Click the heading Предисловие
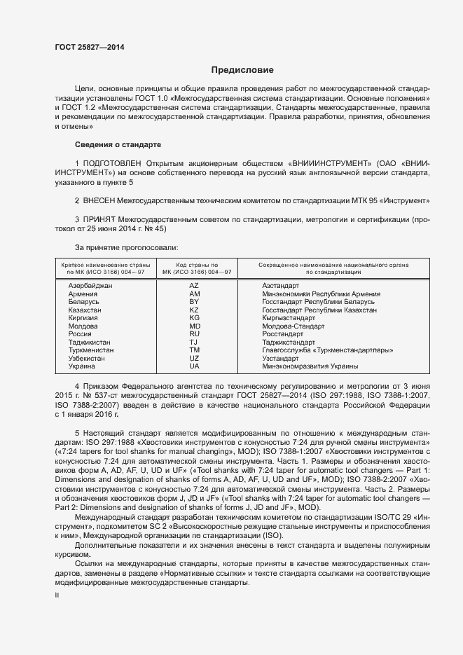coord(242,70)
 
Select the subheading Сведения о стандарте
coord(118,144)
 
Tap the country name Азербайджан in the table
coord(90,287)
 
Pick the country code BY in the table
coord(194,302)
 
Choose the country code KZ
coord(194,310)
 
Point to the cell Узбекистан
coord(86,358)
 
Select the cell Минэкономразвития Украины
coord(310,366)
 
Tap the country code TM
coord(194,350)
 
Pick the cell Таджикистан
coord(90,342)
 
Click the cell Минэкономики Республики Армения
coord(321,294)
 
